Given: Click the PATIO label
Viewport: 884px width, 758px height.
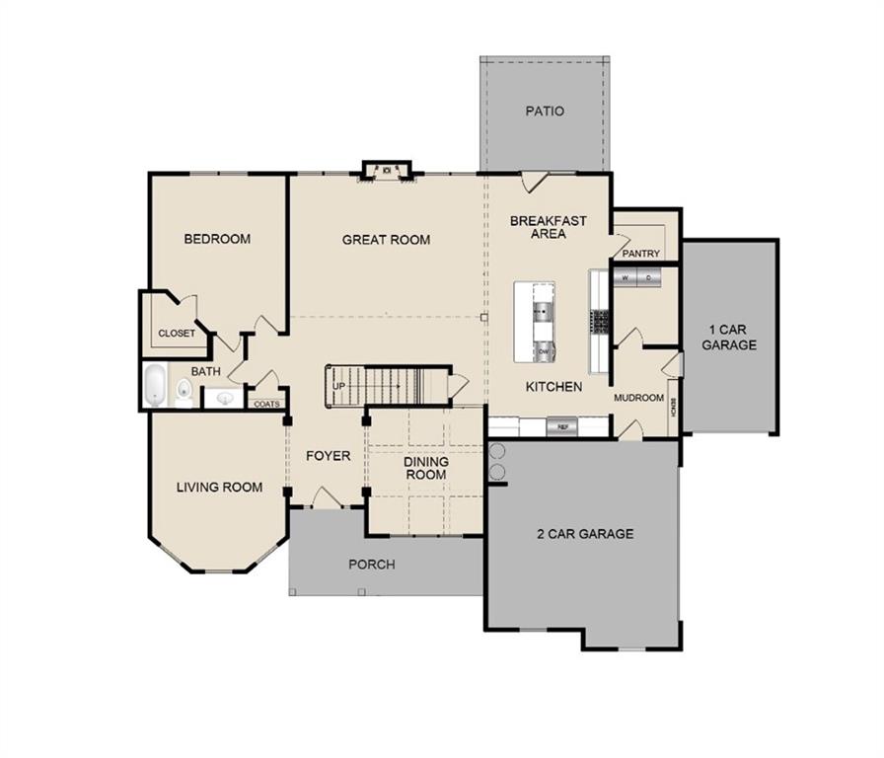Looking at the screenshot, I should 545,112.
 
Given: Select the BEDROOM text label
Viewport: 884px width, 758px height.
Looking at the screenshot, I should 217,239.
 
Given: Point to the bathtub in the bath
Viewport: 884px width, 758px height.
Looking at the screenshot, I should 155,386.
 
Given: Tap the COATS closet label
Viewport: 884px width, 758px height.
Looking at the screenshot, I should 266,404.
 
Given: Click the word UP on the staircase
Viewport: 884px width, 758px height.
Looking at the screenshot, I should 338,385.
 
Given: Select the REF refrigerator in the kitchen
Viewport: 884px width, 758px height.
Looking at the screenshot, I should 564,426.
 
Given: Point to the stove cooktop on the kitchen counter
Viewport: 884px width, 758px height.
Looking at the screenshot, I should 599,321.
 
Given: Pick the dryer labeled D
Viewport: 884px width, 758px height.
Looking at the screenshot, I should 648,278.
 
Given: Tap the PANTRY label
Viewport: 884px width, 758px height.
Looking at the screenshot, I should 641,254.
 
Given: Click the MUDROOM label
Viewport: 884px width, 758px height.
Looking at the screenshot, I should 638,398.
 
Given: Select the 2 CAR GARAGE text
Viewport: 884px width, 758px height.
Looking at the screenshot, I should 585,534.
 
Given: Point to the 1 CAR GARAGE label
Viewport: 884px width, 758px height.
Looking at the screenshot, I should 730,337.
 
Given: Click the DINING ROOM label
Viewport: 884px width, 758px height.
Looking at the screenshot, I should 425,468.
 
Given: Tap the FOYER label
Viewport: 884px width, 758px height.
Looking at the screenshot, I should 328,456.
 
